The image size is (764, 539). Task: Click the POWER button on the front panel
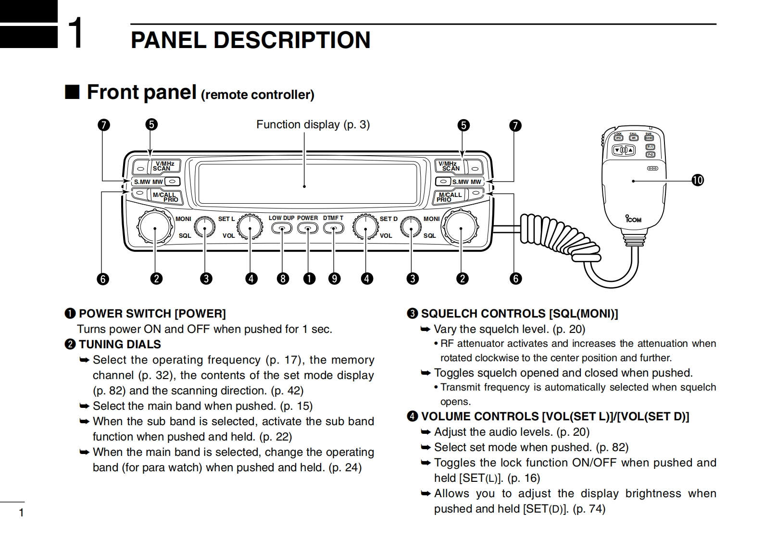tap(308, 229)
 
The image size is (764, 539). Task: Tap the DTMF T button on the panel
tap(333, 229)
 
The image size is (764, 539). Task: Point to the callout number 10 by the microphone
tap(697, 181)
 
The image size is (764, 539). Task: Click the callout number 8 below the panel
tap(283, 279)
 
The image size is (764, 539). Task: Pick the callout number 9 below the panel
tap(334, 279)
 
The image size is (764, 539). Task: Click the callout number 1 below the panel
tap(309, 279)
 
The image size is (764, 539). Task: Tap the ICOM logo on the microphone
tap(634, 219)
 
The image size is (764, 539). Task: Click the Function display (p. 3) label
tap(313, 125)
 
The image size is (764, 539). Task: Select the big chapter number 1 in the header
tap(76, 33)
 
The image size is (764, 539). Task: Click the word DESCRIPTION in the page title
tap(292, 40)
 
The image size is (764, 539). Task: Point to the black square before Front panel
tap(72, 91)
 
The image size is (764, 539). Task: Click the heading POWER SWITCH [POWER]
tap(152, 314)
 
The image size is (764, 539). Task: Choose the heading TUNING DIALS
tap(120, 344)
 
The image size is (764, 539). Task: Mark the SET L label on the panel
tap(226, 219)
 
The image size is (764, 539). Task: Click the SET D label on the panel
tap(388, 219)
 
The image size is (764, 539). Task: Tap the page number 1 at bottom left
tap(21, 513)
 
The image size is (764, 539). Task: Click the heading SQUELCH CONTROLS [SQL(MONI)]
tap(519, 314)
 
